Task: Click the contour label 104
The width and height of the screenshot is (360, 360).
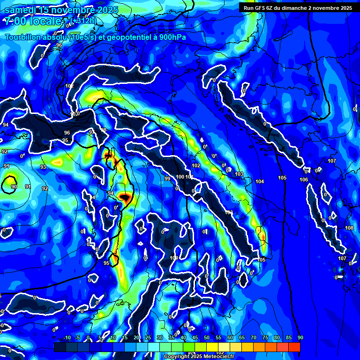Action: [x=260, y=181]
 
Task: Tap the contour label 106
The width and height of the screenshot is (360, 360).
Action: [x=304, y=180]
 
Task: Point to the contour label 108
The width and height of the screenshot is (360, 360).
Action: [x=349, y=228]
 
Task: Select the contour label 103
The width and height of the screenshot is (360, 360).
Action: [x=239, y=174]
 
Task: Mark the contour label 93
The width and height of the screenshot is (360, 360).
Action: [x=43, y=167]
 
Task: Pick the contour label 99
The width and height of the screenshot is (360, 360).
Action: [x=167, y=179]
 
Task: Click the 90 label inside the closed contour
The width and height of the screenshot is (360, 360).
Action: [x=14, y=187]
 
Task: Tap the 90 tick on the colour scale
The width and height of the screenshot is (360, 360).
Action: [x=300, y=338]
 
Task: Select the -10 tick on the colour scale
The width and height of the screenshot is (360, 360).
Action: [x=67, y=338]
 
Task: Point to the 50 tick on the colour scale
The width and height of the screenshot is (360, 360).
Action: [x=207, y=338]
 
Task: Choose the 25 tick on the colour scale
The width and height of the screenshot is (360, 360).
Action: [x=148, y=338]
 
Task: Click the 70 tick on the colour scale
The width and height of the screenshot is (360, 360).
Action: [x=254, y=338]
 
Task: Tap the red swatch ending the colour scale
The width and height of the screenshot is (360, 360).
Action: [x=294, y=347]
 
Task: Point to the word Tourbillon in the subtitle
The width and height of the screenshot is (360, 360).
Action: [x=24, y=37]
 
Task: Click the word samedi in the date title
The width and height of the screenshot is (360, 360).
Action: [x=22, y=9]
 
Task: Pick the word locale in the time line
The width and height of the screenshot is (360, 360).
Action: [x=46, y=21]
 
